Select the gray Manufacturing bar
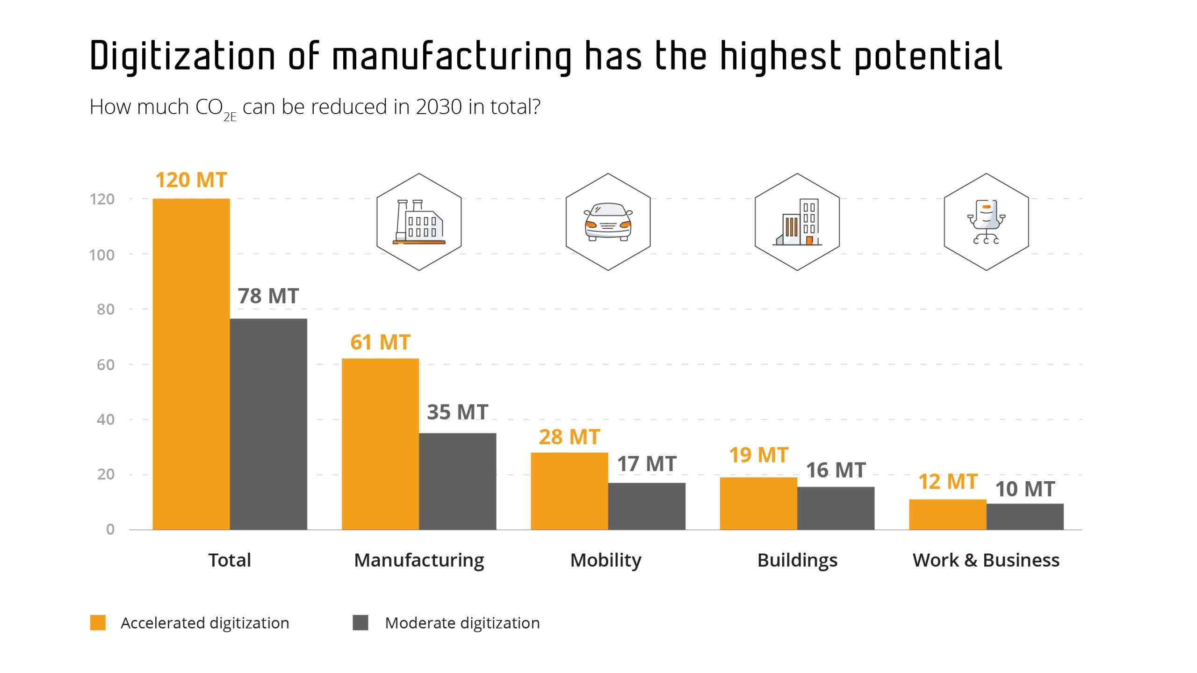click(x=457, y=481)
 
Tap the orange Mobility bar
click(x=569, y=491)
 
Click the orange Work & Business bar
click(x=947, y=514)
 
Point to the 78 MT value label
click(x=268, y=296)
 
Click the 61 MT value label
click(x=380, y=342)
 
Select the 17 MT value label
click(x=647, y=464)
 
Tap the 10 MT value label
click(x=1025, y=489)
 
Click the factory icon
click(x=419, y=222)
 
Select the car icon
click(x=608, y=222)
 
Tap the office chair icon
click(x=986, y=222)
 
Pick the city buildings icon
click(x=797, y=222)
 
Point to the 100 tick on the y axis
click(x=101, y=255)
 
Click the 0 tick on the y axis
click(x=110, y=529)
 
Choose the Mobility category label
click(x=606, y=560)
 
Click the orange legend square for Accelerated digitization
click(x=98, y=623)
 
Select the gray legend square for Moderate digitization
click(x=360, y=623)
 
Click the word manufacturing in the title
click(x=452, y=56)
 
